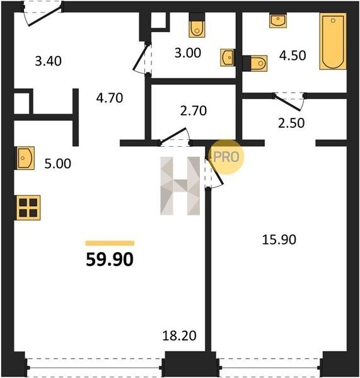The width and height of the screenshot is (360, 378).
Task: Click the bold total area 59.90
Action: click(x=110, y=260)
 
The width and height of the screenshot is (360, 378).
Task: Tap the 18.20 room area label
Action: click(x=179, y=336)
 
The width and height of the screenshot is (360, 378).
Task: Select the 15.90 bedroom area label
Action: click(x=279, y=240)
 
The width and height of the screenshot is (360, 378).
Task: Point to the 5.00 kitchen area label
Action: click(x=57, y=164)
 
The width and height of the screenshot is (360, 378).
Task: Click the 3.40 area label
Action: click(x=49, y=61)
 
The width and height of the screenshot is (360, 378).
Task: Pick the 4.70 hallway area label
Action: click(x=110, y=98)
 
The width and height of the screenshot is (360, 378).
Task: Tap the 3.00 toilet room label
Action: click(x=188, y=53)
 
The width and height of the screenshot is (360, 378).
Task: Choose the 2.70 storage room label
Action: click(x=194, y=111)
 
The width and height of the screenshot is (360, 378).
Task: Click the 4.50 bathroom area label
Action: click(x=293, y=55)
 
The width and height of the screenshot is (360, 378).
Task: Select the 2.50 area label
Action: click(x=291, y=123)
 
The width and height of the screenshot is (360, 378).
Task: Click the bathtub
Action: click(x=333, y=41)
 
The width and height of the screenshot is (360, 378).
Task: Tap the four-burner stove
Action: click(x=28, y=207)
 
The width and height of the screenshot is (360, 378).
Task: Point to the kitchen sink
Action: click(x=25, y=158)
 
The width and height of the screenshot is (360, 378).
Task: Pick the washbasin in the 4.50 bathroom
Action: click(x=278, y=21)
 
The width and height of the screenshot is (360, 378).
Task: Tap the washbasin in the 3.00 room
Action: click(x=227, y=57)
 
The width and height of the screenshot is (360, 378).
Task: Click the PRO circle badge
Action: click(x=226, y=157)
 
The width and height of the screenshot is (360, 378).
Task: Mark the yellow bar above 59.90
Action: click(x=110, y=243)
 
